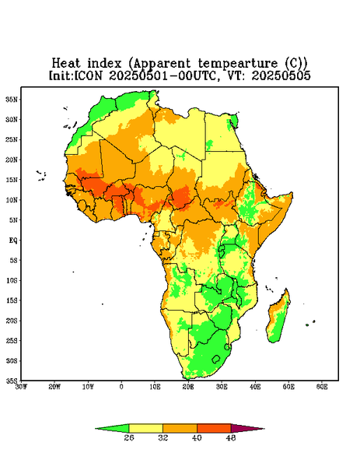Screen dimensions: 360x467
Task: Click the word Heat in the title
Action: click(x=66, y=64)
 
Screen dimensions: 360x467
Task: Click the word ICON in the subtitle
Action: click(x=88, y=75)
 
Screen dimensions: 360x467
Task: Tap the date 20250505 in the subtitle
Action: click(x=281, y=75)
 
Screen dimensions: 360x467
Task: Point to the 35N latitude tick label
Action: click(x=12, y=99)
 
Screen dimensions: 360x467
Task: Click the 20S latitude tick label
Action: click(x=12, y=321)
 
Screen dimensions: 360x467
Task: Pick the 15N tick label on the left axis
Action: click(x=12, y=180)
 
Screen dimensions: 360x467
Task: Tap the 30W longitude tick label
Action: click(x=21, y=387)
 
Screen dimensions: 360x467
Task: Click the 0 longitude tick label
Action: click(x=121, y=387)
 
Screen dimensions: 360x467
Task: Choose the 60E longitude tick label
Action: click(x=322, y=387)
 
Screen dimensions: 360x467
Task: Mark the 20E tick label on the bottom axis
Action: click(x=188, y=387)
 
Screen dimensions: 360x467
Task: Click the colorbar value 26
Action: click(x=129, y=437)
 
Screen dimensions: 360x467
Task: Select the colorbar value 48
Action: click(x=231, y=437)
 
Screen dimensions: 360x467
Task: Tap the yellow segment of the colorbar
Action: click(x=145, y=428)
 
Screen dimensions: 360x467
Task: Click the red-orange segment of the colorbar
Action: click(x=214, y=428)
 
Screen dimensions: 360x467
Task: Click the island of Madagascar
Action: click(x=278, y=318)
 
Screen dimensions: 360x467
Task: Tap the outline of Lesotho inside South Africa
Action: click(x=216, y=359)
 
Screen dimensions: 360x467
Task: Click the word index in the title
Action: click(x=104, y=64)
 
